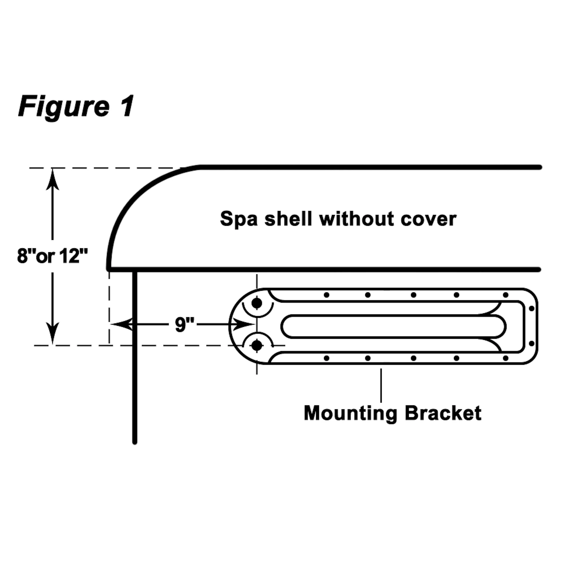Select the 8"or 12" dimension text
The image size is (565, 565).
coord(52,256)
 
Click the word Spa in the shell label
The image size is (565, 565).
coord(238,219)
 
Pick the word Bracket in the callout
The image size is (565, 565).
coord(443,413)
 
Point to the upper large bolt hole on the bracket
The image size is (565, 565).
coord(257,303)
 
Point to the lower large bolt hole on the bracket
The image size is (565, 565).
coord(257,346)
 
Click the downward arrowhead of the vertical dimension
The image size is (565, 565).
coord(52,333)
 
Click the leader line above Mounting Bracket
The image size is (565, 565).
coord(381,385)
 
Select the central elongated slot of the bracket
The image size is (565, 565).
coord(393,326)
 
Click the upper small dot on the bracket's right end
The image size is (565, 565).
coord(532,308)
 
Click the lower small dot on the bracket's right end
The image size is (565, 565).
coord(532,343)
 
